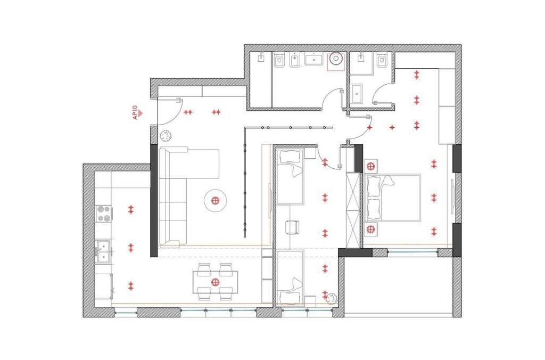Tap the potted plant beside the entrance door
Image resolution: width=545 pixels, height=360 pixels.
(x=166, y=135)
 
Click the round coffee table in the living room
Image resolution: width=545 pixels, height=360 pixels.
(x=216, y=200)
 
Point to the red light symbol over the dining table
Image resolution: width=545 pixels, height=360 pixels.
(x=215, y=282)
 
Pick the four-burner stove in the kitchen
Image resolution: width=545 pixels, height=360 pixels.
(x=104, y=214)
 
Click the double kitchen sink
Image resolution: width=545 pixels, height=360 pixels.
(x=103, y=251)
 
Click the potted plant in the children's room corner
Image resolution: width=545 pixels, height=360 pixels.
(x=331, y=298)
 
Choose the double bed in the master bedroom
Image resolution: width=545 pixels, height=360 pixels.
(x=393, y=198)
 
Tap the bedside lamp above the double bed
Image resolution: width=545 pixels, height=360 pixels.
(x=371, y=165)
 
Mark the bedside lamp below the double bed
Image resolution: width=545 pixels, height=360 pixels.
(x=371, y=230)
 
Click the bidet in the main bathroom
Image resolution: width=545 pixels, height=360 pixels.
(x=294, y=62)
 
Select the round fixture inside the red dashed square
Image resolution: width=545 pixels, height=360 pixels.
(x=336, y=60)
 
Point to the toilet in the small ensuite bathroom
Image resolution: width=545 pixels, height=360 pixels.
(x=381, y=61)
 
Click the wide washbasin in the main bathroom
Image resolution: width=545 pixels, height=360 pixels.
(x=313, y=59)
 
